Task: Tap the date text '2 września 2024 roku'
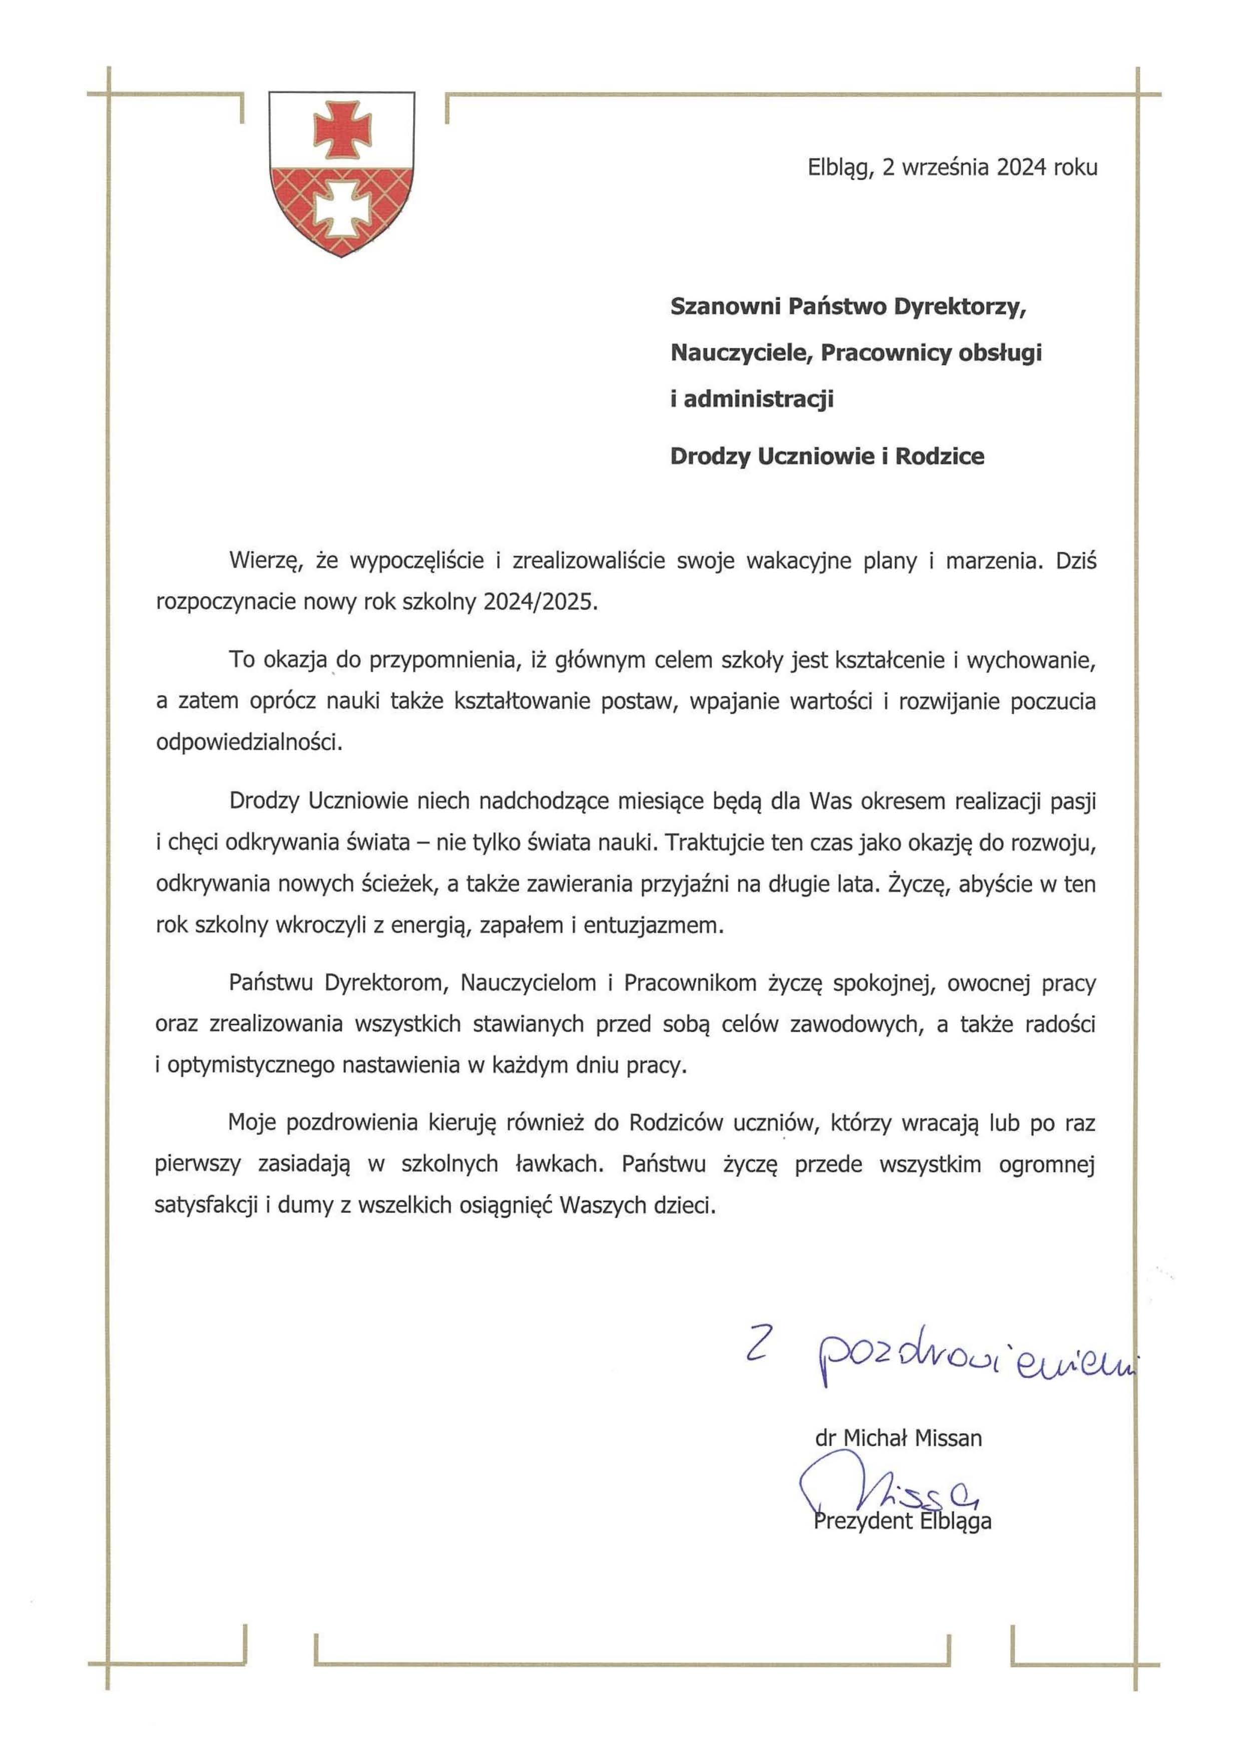990,167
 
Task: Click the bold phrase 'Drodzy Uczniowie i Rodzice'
827,457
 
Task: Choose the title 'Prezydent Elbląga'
903,1522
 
